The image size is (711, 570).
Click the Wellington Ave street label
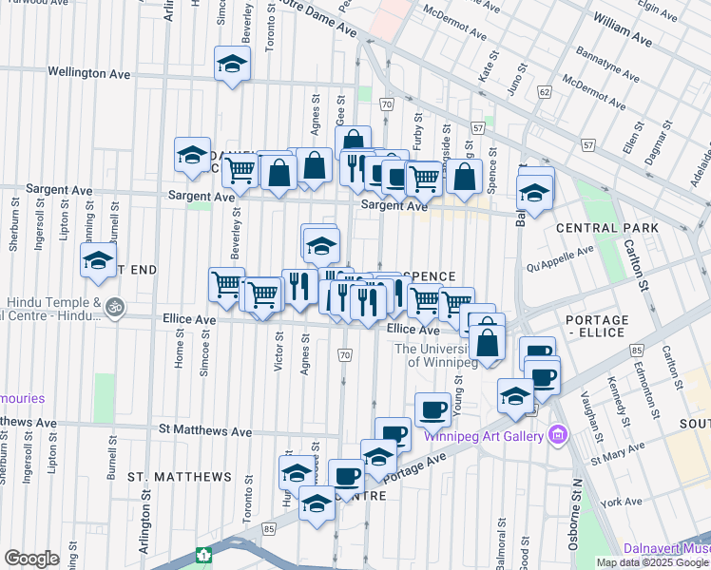89,72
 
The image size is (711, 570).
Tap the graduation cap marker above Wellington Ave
231,65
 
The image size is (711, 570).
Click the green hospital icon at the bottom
203,554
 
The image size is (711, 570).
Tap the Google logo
32,559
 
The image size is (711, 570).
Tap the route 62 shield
545,92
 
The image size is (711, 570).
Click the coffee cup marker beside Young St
432,408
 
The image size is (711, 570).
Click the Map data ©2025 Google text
653,561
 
